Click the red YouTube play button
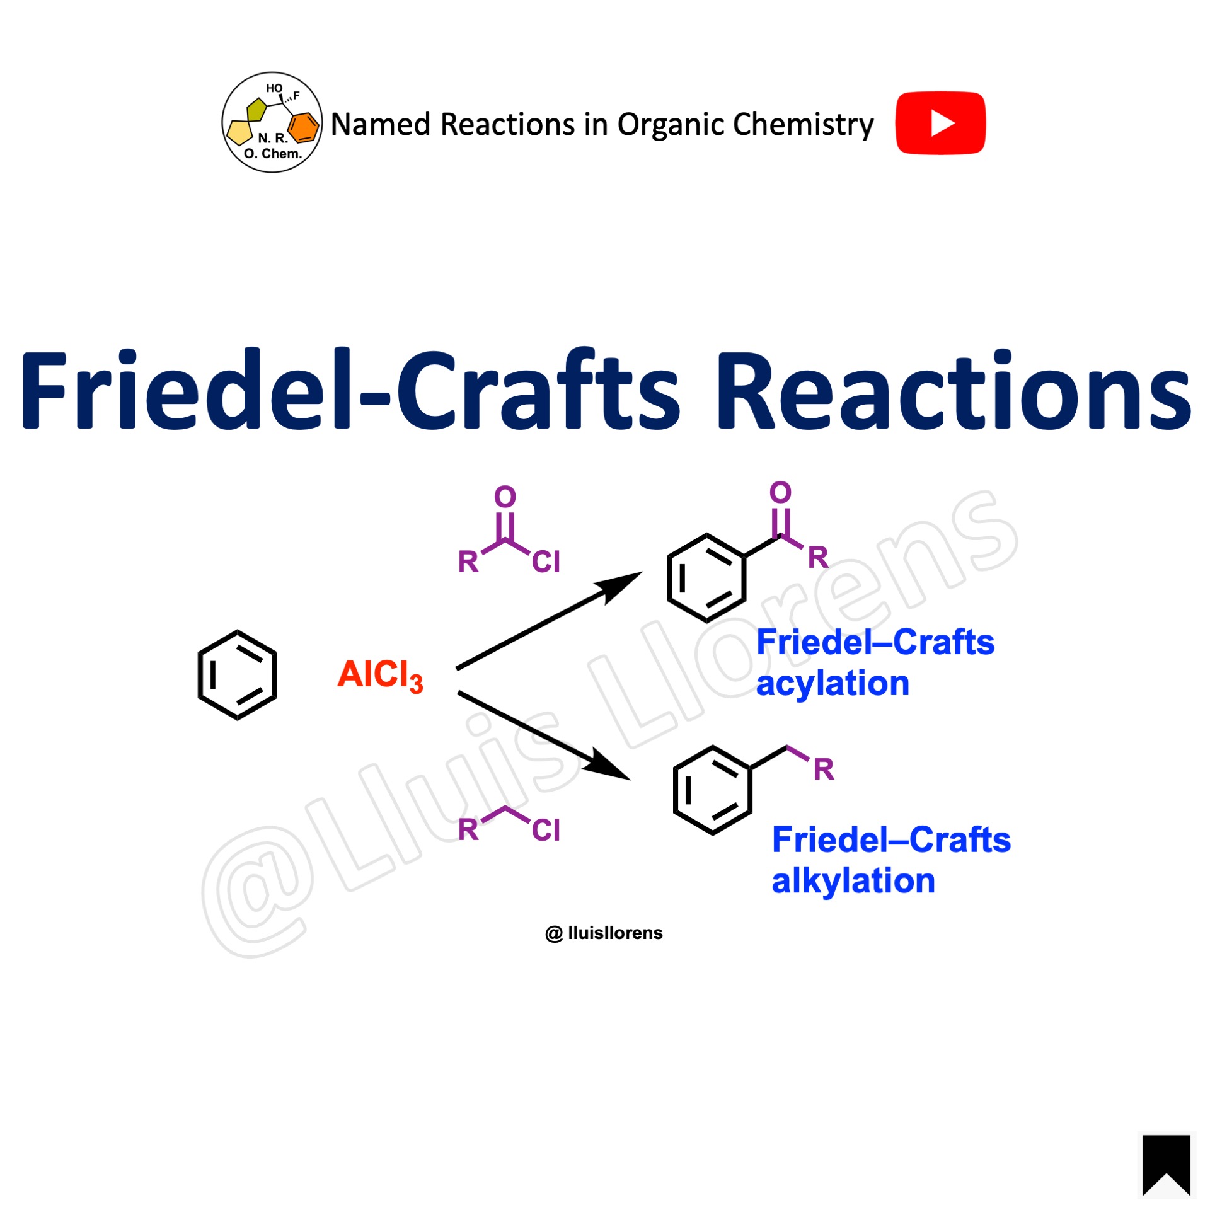(x=940, y=123)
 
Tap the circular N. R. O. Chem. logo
(x=272, y=122)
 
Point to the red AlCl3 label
(x=380, y=675)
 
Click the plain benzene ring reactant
(x=238, y=674)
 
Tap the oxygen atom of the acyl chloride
(x=505, y=497)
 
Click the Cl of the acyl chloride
(x=546, y=562)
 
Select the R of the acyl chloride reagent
(x=468, y=562)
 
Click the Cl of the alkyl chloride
(x=546, y=830)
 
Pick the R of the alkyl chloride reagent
(x=468, y=830)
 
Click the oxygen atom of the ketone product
(x=780, y=492)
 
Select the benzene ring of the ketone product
(x=706, y=578)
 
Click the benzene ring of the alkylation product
(x=712, y=790)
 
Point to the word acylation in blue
(x=833, y=684)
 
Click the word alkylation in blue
(x=853, y=881)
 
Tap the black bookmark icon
(x=1166, y=1165)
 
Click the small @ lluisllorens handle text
(x=604, y=933)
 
